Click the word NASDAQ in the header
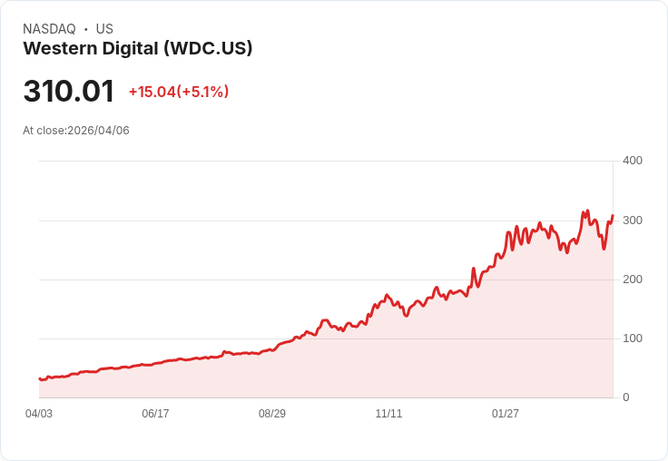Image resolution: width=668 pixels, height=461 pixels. tap(49, 29)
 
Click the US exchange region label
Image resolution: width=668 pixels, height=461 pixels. tap(104, 29)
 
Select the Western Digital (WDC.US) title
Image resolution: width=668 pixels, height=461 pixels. tap(137, 48)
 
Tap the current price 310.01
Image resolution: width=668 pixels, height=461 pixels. tap(69, 92)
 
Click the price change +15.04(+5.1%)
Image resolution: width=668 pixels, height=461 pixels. tap(179, 92)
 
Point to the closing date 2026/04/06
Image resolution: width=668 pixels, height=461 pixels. tap(98, 131)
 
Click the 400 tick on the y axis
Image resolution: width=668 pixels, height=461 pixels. tap(633, 161)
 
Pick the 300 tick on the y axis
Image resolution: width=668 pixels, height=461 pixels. tap(633, 221)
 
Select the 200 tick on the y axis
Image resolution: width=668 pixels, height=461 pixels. tap(633, 280)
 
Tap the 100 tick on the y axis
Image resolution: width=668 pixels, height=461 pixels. tap(633, 338)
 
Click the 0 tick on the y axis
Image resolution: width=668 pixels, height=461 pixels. tap(626, 397)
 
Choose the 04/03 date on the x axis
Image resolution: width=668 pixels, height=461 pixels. tap(39, 414)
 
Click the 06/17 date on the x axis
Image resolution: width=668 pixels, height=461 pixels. tap(155, 414)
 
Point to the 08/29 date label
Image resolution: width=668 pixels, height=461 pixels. tap(272, 414)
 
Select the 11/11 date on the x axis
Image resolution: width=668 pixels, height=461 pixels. tap(388, 414)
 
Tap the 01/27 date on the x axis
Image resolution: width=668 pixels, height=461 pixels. tap(506, 414)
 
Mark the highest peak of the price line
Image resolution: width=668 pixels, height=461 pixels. tap(587, 211)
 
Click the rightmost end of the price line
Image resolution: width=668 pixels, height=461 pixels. tap(613, 215)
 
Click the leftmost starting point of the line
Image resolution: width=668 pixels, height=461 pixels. tap(39, 378)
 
